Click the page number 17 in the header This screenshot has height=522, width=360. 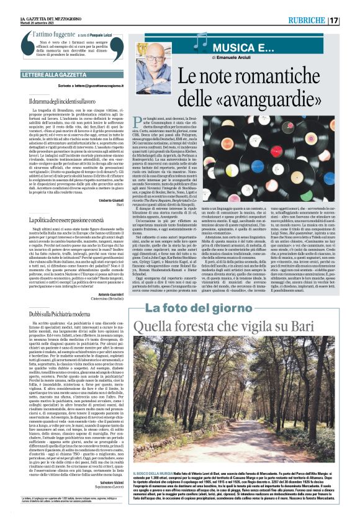[x=351, y=8]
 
